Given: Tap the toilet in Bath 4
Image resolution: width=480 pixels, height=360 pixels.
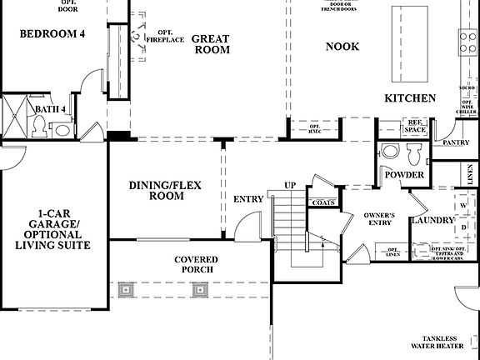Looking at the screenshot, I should pos(39,126).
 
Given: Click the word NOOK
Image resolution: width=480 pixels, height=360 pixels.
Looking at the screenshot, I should pos(342,47).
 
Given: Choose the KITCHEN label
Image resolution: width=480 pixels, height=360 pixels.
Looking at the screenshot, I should pos(410,98).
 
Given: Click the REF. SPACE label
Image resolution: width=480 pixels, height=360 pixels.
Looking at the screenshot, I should pos(414,127).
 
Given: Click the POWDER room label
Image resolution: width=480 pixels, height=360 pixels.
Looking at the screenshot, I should pos(405,176).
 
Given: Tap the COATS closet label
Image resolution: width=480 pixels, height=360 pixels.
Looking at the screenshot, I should pos(323,202).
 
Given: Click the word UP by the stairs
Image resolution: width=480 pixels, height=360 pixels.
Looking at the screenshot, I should pos(290,184).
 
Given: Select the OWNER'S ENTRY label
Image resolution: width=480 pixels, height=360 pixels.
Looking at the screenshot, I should pos(379,220).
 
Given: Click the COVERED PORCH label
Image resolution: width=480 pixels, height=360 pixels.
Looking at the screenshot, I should pos(197,265).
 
